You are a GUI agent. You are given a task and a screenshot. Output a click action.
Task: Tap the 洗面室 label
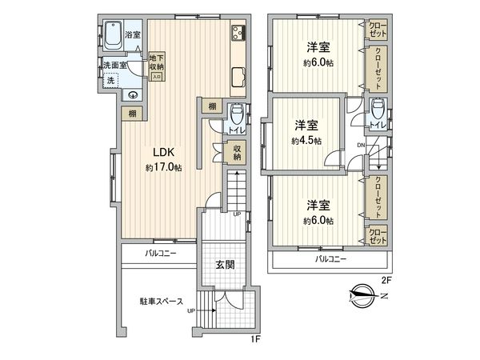point(115,64)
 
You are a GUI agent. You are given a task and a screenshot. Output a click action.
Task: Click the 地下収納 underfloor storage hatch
point(157,67)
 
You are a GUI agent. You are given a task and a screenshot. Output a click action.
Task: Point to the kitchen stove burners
point(238,34)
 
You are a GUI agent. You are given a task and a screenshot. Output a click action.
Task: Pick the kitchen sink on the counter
point(238,77)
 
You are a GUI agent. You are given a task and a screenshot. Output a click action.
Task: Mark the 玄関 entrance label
point(225,265)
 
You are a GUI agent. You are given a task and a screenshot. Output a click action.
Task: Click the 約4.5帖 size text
point(306,140)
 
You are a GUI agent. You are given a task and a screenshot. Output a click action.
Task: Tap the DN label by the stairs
point(361,145)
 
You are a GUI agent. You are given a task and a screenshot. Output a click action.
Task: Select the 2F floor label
point(386,280)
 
